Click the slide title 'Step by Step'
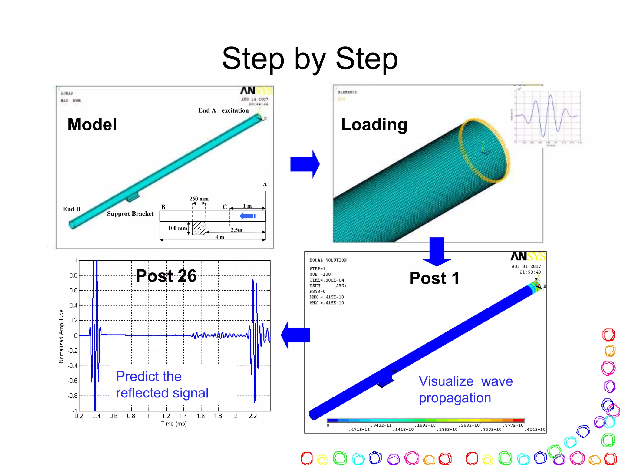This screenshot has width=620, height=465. click(310, 59)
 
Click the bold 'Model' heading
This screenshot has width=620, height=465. click(92, 124)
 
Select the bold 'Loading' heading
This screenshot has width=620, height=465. click(374, 124)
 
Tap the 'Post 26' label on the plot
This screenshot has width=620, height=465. click(166, 276)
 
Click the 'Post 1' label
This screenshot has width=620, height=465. click(434, 278)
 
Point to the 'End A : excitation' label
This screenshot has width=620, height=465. click(223, 110)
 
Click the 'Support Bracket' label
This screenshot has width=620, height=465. click(130, 214)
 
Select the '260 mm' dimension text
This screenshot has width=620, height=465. click(199, 199)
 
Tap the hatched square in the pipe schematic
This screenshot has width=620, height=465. click(199, 228)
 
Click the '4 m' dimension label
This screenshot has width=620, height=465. click(219, 237)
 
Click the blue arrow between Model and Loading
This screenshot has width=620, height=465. click(305, 164)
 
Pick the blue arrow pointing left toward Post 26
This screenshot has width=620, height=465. click(295, 335)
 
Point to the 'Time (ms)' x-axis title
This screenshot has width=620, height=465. click(174, 424)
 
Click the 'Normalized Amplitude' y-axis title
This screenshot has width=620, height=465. click(61, 336)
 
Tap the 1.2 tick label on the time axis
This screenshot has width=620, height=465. click(166, 416)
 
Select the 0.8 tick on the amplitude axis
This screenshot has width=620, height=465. click(73, 275)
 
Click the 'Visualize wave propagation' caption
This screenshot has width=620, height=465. click(465, 389)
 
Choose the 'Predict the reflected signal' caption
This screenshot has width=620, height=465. click(162, 384)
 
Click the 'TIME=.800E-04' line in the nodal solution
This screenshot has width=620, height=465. click(327, 280)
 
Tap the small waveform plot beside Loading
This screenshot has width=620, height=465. click(547, 117)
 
